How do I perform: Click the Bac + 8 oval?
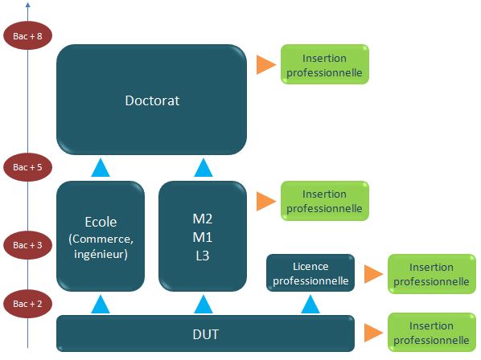(27, 35)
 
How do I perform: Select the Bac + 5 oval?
(27, 167)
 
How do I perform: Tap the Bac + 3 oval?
(27, 245)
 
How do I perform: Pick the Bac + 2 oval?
(27, 304)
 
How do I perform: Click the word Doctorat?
(152, 100)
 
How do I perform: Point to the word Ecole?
(101, 222)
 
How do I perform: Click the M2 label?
(203, 219)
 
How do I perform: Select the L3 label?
(203, 256)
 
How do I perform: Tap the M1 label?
(203, 237)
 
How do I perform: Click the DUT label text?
(206, 334)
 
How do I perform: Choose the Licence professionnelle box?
(310, 272)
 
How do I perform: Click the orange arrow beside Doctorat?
(266, 64)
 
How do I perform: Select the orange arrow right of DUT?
(374, 333)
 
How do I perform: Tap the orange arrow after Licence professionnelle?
(374, 274)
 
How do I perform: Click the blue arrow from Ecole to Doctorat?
(101, 168)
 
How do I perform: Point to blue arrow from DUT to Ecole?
(101, 305)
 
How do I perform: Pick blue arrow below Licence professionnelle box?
(310, 305)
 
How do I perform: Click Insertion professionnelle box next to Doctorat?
(325, 64)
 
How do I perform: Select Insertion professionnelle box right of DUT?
(432, 333)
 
